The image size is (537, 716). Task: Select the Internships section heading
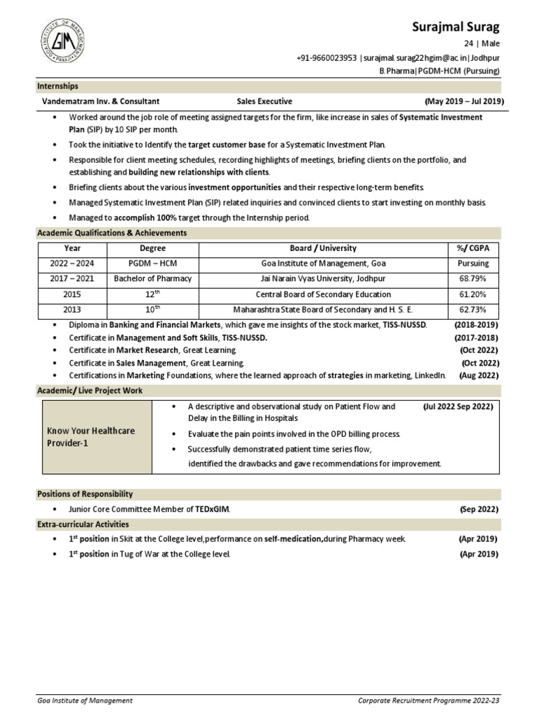57,87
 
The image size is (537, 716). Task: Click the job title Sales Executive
264,101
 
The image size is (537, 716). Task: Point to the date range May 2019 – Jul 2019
464,101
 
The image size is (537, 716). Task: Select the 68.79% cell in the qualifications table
473,279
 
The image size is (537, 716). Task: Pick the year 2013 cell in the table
73,309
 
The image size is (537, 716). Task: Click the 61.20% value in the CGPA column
473,294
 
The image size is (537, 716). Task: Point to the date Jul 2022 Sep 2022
458,406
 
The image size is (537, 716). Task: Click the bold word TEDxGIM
212,510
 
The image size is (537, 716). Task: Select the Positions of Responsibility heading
85,494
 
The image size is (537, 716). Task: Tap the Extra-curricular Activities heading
83,524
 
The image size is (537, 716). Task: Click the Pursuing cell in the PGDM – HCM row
473,264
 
